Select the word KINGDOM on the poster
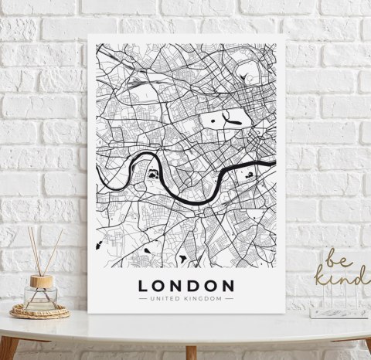coord(206,297)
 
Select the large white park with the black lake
coord(226,118)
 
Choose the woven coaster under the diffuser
coord(40,311)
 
